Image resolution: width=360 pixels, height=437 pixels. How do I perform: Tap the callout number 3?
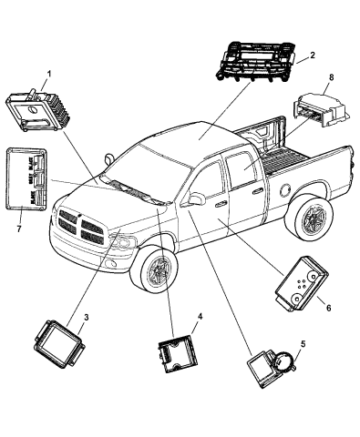(85, 317)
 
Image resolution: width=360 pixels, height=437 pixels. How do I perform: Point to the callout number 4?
(199, 317)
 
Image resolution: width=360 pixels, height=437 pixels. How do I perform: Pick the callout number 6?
(327, 307)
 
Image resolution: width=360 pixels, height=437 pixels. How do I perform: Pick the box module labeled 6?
(301, 290)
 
